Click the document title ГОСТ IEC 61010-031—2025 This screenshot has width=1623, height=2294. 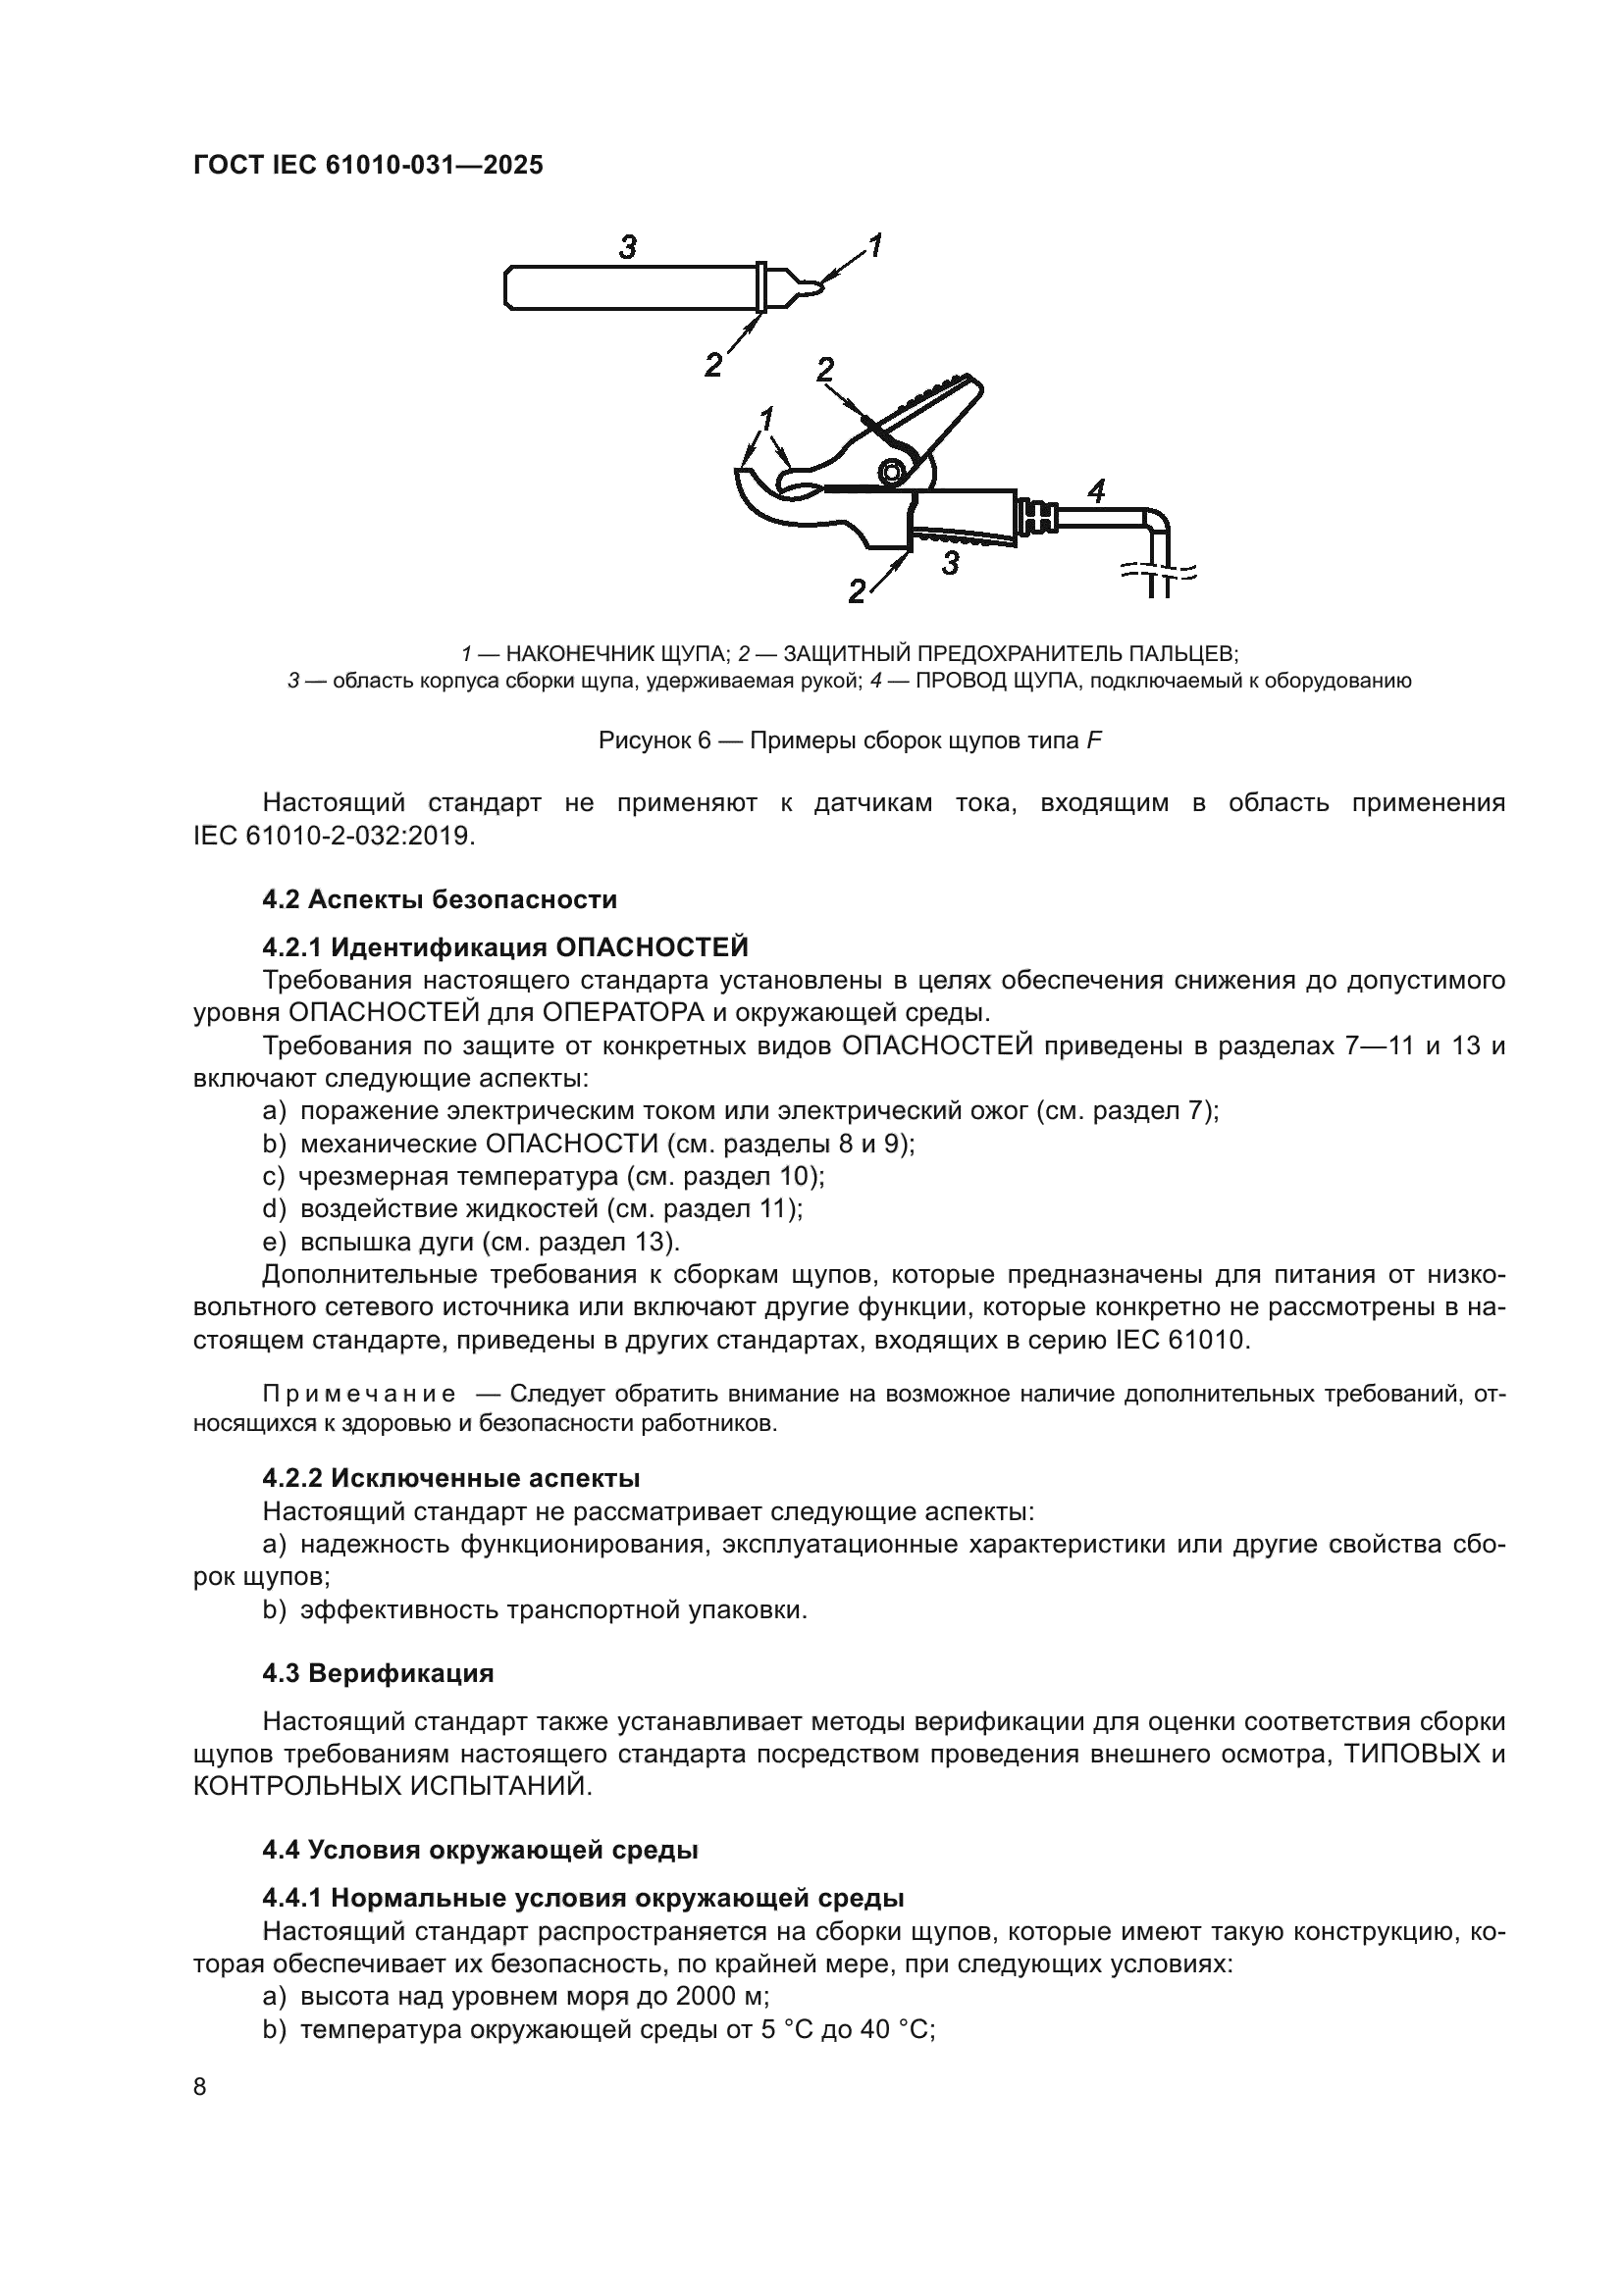coord(368,165)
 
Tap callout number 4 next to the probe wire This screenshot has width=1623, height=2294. coord(1096,490)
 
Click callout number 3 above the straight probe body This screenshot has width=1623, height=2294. coord(627,247)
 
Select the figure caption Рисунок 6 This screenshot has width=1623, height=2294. coord(850,741)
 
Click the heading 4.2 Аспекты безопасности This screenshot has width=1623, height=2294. coord(440,899)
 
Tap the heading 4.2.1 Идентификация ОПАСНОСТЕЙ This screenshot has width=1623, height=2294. coord(504,946)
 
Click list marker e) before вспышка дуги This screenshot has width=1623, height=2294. coord(273,1242)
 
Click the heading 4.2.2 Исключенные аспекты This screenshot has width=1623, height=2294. coord(450,1478)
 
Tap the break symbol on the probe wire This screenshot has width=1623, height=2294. coord(1158,574)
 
